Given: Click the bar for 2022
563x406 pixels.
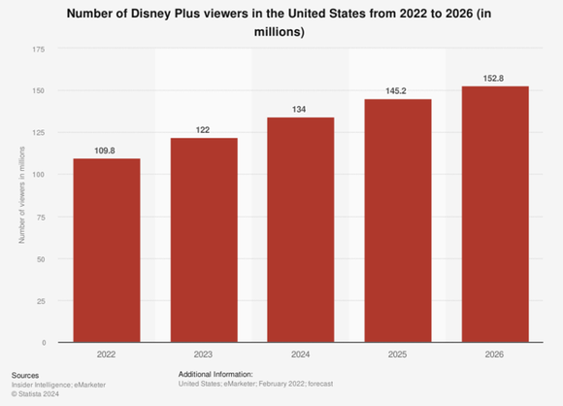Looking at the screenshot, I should (106, 251).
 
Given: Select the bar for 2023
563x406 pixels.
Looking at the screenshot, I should (204, 240).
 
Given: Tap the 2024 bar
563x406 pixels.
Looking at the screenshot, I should (301, 230).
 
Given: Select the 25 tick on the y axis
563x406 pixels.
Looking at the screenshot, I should (41, 301).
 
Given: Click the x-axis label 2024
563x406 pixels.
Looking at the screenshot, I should (301, 355).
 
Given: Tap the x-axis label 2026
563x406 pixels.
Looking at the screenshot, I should (495, 355).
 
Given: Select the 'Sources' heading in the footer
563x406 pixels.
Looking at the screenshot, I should (26, 374).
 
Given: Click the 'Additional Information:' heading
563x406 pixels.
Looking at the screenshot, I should (215, 374).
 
